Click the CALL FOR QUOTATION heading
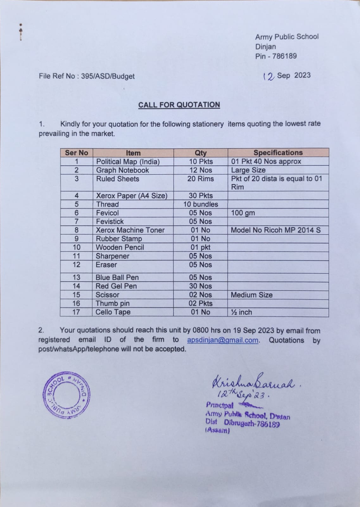(x=179, y=105)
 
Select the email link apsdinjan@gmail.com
(x=223, y=340)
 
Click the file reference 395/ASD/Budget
(x=108, y=76)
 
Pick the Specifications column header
(x=278, y=153)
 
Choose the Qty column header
(x=200, y=153)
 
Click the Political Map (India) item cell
(x=128, y=162)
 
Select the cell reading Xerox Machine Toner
(x=130, y=230)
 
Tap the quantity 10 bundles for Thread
(x=200, y=204)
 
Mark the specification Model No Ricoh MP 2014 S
(x=275, y=230)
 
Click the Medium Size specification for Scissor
(x=251, y=295)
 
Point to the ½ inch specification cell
(x=241, y=312)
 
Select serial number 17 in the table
(x=76, y=312)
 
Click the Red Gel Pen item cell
(x=116, y=286)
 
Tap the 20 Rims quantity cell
(x=200, y=179)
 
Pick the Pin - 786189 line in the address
(x=276, y=56)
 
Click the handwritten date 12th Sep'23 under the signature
(x=243, y=395)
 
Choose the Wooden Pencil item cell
(x=120, y=247)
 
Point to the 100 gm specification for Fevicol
(x=243, y=213)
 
